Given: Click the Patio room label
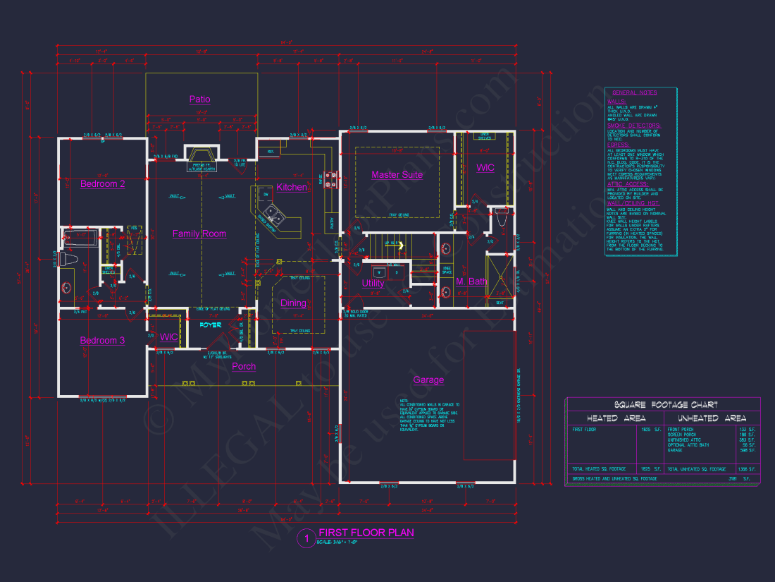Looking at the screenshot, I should (x=199, y=99).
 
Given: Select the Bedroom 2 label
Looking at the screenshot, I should (x=102, y=184).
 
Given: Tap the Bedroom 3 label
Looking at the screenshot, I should (x=102, y=341).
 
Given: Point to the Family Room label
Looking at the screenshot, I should (x=199, y=234).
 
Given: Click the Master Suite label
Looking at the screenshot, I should (x=397, y=175).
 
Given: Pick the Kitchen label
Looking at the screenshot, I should (x=292, y=188).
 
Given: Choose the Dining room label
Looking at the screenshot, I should (x=294, y=303).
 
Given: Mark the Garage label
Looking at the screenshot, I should (x=428, y=380).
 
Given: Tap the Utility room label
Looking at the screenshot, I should (x=373, y=284).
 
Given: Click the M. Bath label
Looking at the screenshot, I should (x=471, y=282).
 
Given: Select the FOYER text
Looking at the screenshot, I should (x=210, y=325).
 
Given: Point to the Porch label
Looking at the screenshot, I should (x=244, y=366).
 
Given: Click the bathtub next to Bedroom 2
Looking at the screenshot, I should (x=79, y=237).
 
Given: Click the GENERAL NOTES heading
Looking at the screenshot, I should (x=634, y=92).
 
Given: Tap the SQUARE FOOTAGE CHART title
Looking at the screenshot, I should (x=666, y=405).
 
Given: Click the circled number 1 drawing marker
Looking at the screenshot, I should (x=306, y=538).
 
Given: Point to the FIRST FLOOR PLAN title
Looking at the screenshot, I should (x=366, y=533).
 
